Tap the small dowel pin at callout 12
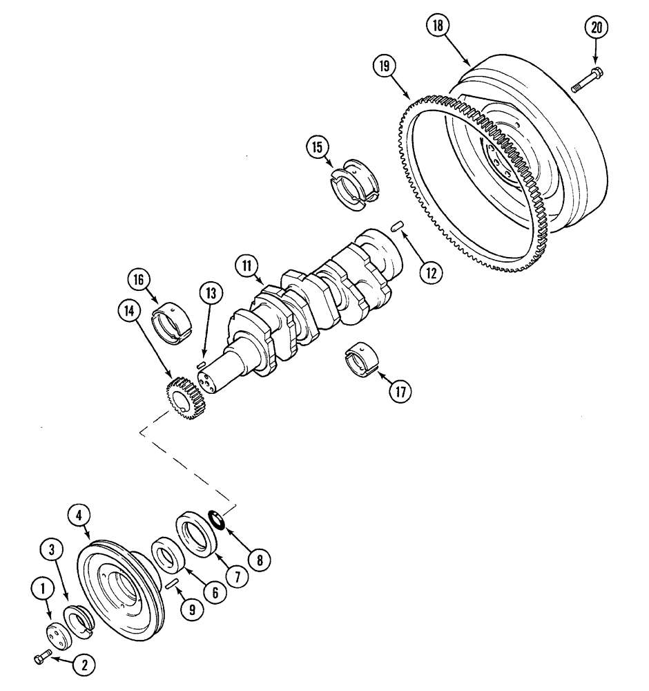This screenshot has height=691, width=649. tap(396, 225)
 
